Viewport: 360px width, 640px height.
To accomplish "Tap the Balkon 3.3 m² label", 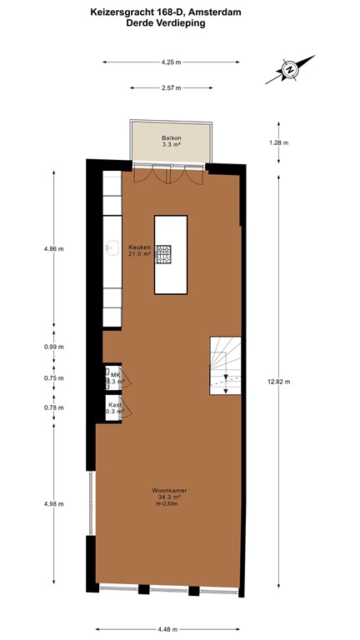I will pyautogui.click(x=171, y=141).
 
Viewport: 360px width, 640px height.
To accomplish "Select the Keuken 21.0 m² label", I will pyautogui.click(x=139, y=251).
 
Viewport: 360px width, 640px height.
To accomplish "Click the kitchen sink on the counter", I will pyautogui.click(x=110, y=247).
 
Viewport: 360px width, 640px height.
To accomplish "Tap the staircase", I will pyautogui.click(x=224, y=366).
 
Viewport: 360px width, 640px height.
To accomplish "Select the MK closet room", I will pyautogui.click(x=112, y=378).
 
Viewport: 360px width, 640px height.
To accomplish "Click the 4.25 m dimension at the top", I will pyautogui.click(x=172, y=62).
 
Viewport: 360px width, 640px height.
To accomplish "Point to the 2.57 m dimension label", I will pyautogui.click(x=172, y=87).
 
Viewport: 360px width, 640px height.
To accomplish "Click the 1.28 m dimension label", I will pyautogui.click(x=278, y=142).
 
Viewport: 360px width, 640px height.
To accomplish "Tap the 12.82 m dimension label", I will pyautogui.click(x=278, y=382).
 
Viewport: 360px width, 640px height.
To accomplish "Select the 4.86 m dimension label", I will pyautogui.click(x=54, y=248).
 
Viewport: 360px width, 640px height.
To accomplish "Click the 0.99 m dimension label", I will pyautogui.click(x=54, y=347).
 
